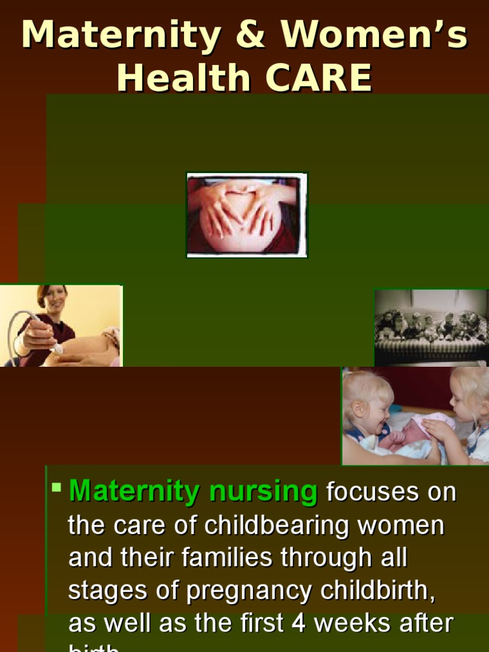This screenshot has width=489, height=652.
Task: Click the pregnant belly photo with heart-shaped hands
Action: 246,215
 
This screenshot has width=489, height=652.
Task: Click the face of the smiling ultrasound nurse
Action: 53,299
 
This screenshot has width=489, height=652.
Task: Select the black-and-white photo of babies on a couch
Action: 431,327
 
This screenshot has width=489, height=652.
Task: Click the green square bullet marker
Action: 57,488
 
